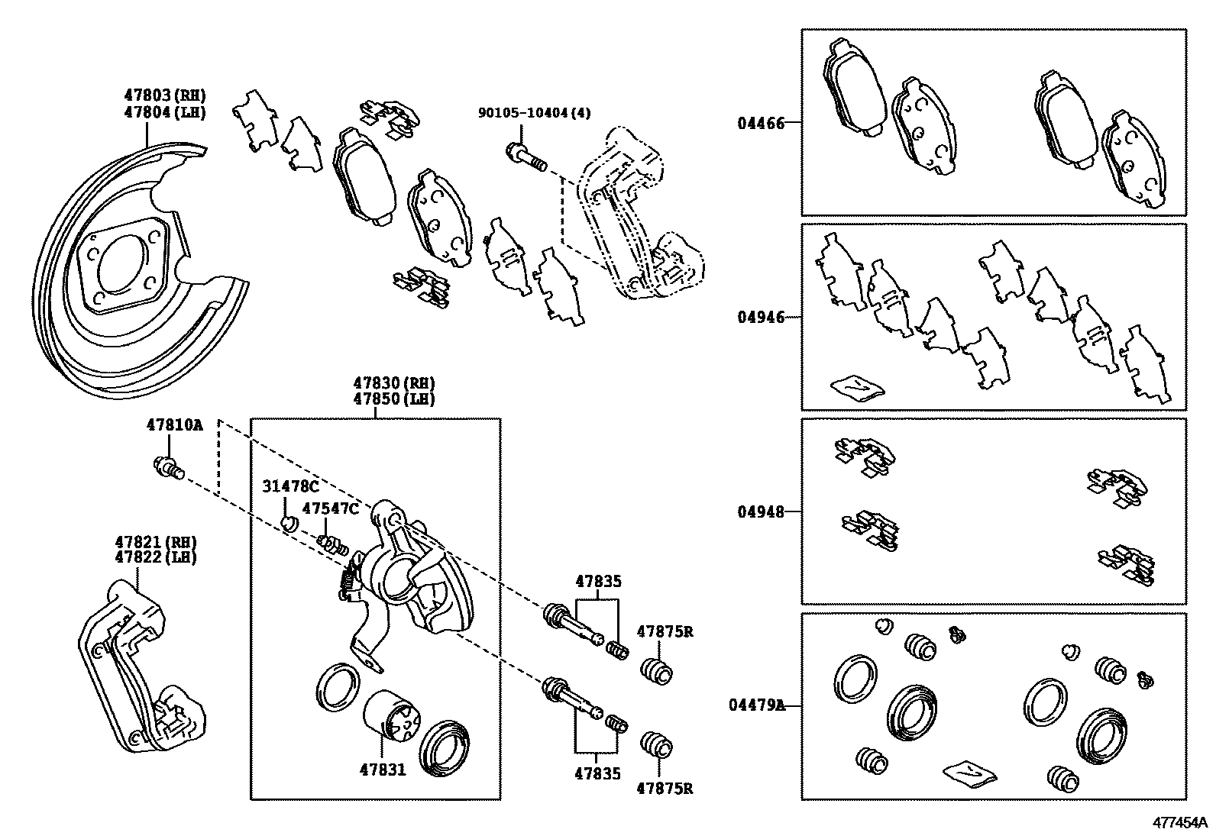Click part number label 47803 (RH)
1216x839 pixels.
point(164,95)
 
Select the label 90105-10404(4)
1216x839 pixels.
point(534,113)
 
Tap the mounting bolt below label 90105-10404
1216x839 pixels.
point(526,158)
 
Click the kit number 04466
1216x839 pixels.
point(760,123)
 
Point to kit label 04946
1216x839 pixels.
point(760,317)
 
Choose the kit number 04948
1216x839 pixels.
point(760,511)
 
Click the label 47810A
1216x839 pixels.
point(174,426)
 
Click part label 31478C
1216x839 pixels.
point(290,486)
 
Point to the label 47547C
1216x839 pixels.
point(329,508)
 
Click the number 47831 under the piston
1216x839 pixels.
point(383,770)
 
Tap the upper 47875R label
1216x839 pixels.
point(665,632)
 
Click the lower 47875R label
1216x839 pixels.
point(665,788)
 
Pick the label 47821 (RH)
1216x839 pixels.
point(155,542)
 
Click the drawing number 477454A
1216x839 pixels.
point(1179,823)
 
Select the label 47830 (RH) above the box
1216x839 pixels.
point(393,383)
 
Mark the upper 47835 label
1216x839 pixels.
point(598,582)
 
